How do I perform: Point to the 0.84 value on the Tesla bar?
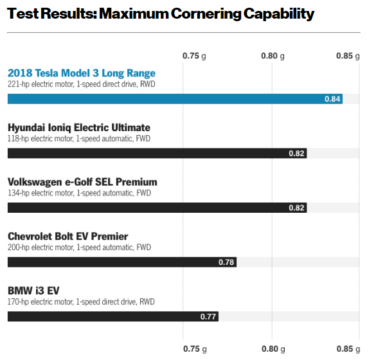pos(332,98)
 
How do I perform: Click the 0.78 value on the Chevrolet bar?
pos(226,262)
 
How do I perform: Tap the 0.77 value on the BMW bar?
pos(208,316)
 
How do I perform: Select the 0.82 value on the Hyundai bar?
pos(296,153)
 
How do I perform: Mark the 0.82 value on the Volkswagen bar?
pos(296,208)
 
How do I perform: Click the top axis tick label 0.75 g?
pos(194,56)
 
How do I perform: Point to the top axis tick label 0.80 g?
pos(273,56)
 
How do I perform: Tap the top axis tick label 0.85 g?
pos(348,56)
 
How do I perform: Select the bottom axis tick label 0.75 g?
pos(194,349)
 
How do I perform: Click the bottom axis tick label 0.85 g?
pos(348,349)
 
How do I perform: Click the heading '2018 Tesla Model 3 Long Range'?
pos(82,73)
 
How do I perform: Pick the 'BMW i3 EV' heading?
pos(35,291)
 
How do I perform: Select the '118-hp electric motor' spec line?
pos(79,138)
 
